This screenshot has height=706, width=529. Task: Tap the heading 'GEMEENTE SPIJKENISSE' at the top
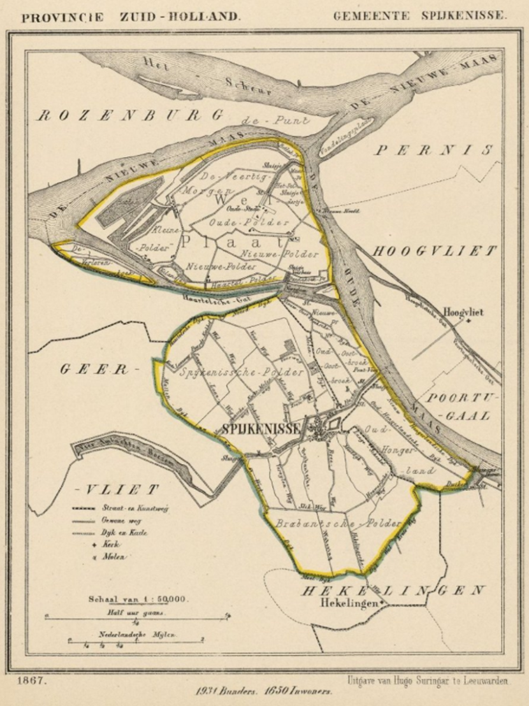420,17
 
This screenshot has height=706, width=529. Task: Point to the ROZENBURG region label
130,115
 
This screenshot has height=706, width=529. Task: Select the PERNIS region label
435,150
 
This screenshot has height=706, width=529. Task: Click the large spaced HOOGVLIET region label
434,251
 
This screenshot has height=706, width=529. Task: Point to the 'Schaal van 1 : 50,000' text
137,600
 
